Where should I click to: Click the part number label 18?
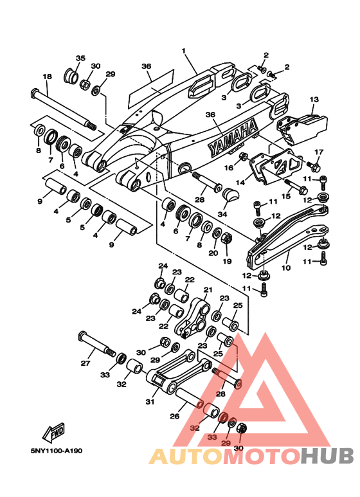click(x=47, y=77)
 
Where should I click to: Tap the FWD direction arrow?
click(x=54, y=432)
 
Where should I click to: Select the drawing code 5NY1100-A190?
click(x=57, y=451)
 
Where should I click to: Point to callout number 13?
click(x=314, y=100)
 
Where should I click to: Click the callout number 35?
click(x=80, y=58)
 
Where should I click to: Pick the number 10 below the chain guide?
click(x=286, y=268)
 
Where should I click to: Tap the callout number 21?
click(x=208, y=290)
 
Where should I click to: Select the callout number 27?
click(x=85, y=363)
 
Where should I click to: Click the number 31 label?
click(x=150, y=402)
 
